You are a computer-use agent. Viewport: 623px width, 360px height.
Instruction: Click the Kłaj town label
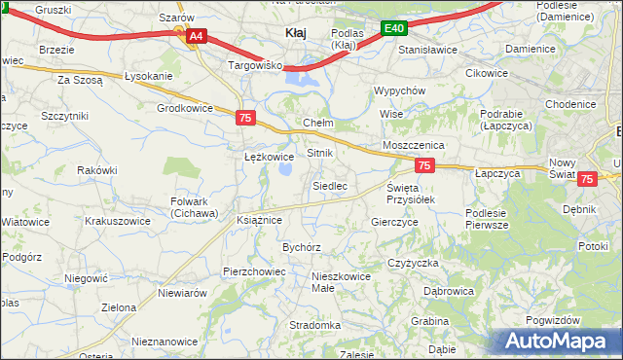(x=296, y=32)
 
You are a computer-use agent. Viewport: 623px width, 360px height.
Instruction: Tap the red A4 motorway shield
(x=196, y=36)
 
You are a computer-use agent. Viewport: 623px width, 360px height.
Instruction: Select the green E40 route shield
(x=392, y=29)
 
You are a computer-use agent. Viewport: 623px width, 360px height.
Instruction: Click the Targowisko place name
(x=254, y=65)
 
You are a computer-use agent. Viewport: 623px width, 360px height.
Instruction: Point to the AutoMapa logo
(x=560, y=342)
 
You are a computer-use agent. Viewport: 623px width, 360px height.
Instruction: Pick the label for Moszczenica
(x=414, y=144)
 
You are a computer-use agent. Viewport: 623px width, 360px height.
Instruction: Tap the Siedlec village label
(x=329, y=185)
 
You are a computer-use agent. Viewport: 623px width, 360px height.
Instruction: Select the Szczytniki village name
(x=65, y=115)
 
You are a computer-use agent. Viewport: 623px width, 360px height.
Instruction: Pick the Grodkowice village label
(x=184, y=108)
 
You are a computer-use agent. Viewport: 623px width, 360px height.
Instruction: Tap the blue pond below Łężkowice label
(x=287, y=171)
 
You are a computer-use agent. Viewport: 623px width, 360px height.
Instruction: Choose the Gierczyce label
(x=394, y=222)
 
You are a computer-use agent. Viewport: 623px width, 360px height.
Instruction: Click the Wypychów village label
(x=400, y=90)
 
